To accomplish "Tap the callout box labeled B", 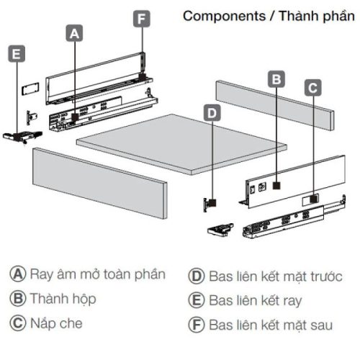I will (x=275, y=79).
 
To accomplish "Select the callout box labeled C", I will (x=312, y=88).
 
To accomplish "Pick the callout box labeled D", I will (x=211, y=112).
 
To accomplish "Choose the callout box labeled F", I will (x=142, y=18).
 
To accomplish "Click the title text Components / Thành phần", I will (x=268, y=16).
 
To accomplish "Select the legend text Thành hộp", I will (x=62, y=298).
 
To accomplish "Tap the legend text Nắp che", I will (x=56, y=323).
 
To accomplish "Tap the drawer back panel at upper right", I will (x=274, y=105).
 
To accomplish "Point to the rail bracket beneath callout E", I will (x=18, y=135).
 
